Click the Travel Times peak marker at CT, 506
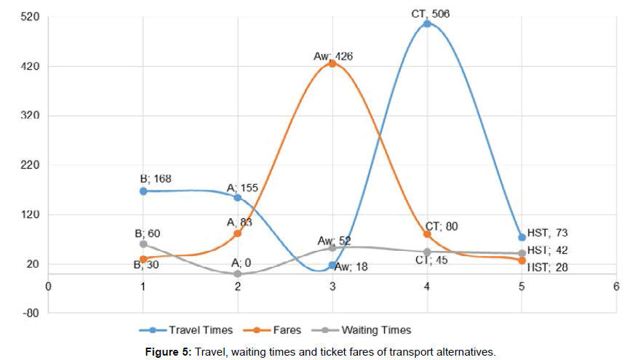coord(427,23)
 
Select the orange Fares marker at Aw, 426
coord(332,63)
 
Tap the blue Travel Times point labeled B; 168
coord(143,191)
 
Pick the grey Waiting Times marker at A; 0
coord(238,273)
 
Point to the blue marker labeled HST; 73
coord(522,237)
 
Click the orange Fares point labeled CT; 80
coord(427,234)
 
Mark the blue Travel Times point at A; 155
coord(238,197)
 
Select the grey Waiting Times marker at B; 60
coord(143,244)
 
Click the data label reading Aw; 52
coord(334,240)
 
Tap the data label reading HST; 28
coord(547,268)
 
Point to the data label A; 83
coord(239,223)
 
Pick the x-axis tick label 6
coord(616,285)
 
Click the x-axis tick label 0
coord(48,285)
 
